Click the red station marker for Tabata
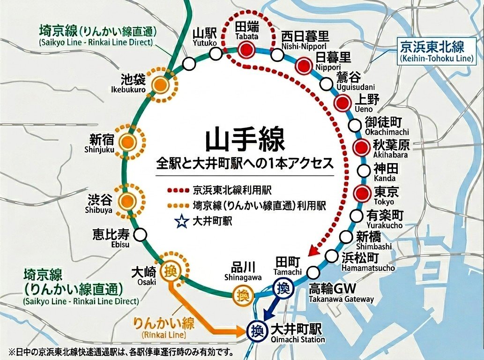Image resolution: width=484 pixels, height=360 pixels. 246,49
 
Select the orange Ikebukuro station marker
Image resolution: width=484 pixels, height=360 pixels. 161,85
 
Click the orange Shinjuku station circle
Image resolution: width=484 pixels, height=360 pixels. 127,142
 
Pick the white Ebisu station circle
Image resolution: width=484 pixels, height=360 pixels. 140,234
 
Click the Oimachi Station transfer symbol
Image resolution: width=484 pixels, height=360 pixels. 256,330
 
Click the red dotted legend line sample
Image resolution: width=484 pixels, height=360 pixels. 179,191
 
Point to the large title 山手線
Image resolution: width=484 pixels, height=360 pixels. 245,140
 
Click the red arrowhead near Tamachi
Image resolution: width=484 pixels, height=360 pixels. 312,254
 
